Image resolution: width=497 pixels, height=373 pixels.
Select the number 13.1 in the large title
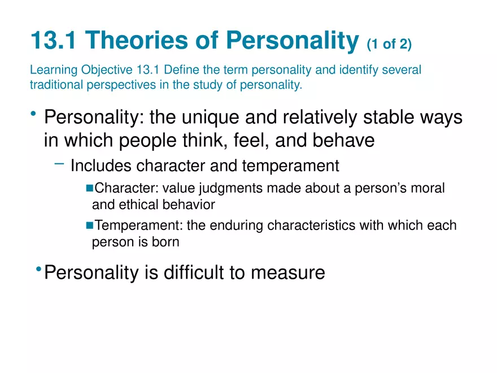coord(54,41)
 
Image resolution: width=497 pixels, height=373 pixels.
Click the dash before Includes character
coord(59,164)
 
